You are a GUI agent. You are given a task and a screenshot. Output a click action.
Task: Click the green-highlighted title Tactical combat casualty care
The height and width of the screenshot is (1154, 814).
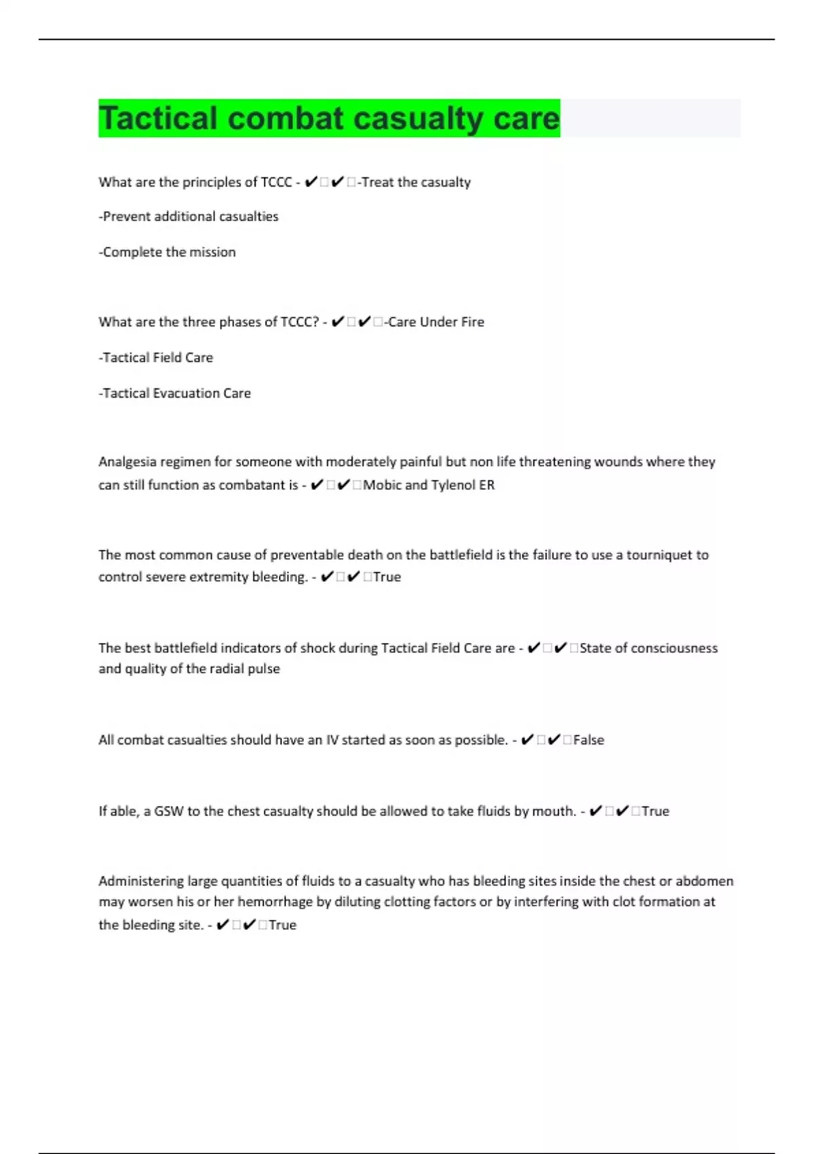(329, 118)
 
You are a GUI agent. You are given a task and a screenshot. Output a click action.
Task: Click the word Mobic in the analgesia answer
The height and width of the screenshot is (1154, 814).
(383, 485)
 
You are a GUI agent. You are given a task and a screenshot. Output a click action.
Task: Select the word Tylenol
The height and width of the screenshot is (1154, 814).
(454, 485)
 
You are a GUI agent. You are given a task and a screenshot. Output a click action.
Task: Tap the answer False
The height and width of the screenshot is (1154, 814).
(588, 740)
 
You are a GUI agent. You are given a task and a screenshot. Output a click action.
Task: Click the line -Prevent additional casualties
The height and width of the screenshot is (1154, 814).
(189, 217)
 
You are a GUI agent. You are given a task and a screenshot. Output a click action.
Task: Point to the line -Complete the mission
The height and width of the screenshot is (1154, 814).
(168, 252)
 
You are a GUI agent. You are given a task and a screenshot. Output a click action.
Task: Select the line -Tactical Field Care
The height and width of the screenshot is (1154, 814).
(156, 358)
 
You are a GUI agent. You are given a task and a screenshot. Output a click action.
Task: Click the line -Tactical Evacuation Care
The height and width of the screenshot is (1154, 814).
(175, 393)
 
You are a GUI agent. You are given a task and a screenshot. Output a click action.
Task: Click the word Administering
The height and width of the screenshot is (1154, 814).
(140, 881)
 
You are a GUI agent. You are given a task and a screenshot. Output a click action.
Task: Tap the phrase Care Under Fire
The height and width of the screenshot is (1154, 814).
(435, 322)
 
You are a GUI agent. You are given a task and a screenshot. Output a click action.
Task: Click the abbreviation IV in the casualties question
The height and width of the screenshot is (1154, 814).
(332, 740)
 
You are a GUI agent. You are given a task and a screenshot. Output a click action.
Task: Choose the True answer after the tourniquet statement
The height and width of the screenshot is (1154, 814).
(387, 577)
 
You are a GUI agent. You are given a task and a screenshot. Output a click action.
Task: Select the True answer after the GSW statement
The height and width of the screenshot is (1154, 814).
(655, 811)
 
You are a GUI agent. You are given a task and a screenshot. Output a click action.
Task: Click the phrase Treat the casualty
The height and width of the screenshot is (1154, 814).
(416, 182)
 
